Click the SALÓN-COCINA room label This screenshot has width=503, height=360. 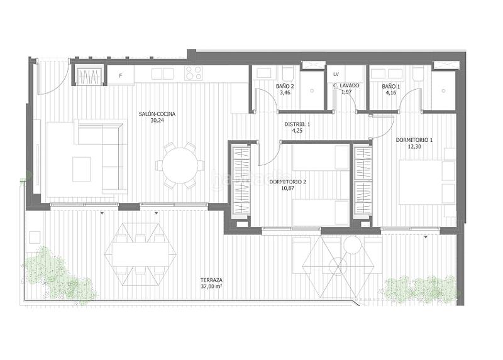point(157,114)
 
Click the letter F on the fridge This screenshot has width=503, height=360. point(121,76)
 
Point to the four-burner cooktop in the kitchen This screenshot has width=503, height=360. point(194,74)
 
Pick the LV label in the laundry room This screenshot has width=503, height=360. point(336,75)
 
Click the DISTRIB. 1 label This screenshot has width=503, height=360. point(298,124)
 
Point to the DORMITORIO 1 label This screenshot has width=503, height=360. point(414,139)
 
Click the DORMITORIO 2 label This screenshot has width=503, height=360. point(287,182)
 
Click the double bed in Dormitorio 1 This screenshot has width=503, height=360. point(426,182)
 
